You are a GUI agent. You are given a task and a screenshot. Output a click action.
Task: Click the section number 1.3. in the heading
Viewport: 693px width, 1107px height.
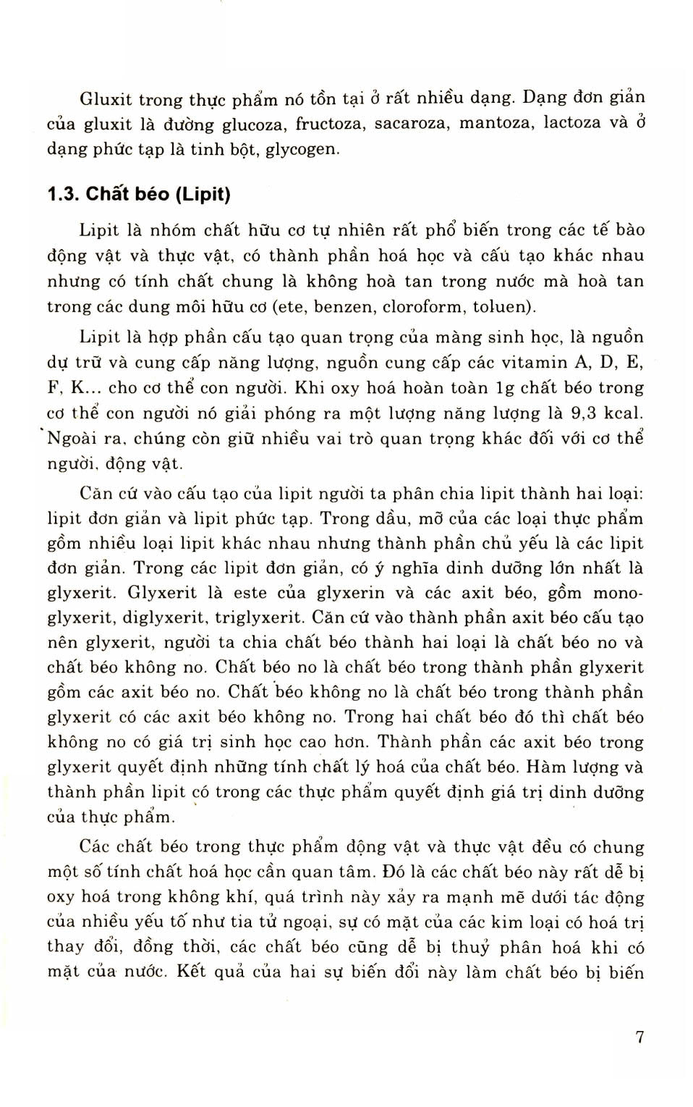(63, 194)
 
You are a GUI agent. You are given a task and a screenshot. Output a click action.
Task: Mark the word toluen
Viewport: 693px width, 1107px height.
(504, 307)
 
